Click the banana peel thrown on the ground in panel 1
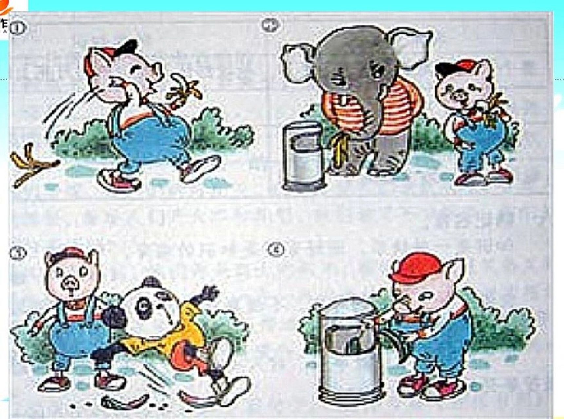(x=33, y=165)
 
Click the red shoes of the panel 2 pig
(x=485, y=177)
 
